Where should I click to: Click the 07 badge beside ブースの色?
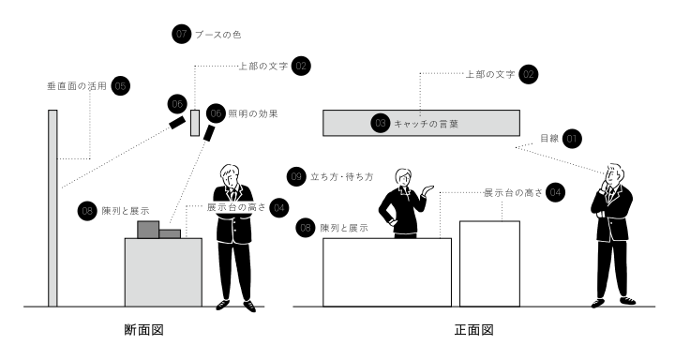coord(181,34)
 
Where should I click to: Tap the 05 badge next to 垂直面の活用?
coord(120,86)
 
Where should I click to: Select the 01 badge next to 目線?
coord(572,139)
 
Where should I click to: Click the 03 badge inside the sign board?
coord(381,123)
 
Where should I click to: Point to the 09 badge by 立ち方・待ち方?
coord(295,176)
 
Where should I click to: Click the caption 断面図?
coord(143,330)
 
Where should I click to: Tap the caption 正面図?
coord(474,330)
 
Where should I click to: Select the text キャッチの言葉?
coord(426,124)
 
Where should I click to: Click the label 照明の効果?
coord(253,114)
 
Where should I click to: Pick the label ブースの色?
coord(218,35)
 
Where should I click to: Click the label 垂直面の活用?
coord(77,86)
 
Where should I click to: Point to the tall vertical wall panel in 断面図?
coord(52,208)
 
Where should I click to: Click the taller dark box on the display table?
coord(148,230)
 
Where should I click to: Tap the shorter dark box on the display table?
coord(170,233)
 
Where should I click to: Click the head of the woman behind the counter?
coord(402,178)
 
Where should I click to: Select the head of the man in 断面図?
coord(230,175)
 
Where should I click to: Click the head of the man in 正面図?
coord(614,174)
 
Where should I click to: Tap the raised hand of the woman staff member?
coord(427,190)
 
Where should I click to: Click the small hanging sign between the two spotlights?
coord(195,123)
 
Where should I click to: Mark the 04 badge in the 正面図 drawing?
coord(555,192)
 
